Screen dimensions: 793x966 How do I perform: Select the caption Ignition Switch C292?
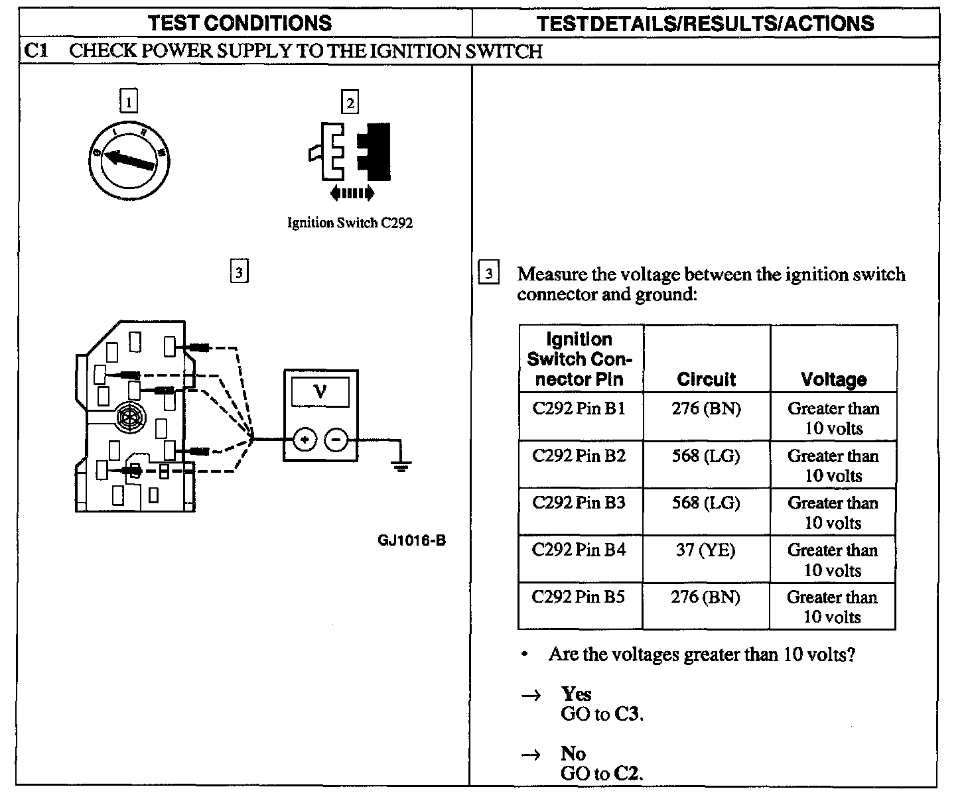click(x=350, y=223)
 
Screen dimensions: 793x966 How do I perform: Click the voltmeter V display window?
click(x=320, y=393)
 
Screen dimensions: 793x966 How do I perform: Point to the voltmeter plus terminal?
click(x=305, y=439)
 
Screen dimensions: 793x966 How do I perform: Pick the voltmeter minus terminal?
click(x=336, y=439)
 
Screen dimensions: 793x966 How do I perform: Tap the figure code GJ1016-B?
click(x=411, y=540)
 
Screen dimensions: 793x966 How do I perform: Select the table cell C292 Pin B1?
click(x=579, y=408)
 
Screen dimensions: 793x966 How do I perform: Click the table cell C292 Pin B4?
click(x=579, y=550)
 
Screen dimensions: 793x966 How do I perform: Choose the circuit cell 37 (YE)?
click(x=705, y=550)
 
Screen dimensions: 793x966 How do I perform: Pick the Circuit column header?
click(x=706, y=379)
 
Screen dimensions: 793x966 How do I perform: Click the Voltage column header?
click(x=833, y=379)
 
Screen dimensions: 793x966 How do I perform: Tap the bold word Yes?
click(x=576, y=694)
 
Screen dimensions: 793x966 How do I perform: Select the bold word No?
click(x=573, y=754)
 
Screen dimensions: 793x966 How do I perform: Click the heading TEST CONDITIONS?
click(x=240, y=23)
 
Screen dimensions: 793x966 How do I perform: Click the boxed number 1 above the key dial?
click(x=129, y=102)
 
